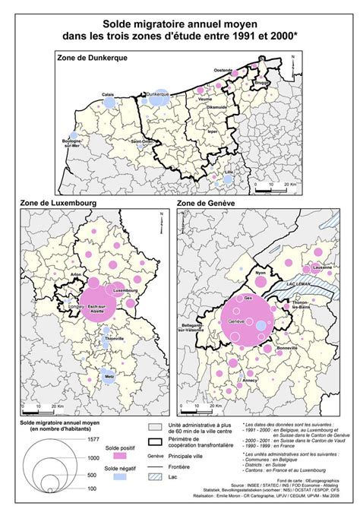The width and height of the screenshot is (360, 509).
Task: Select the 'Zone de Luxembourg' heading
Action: click(x=52, y=204)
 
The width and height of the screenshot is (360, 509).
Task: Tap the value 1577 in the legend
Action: click(x=91, y=439)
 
